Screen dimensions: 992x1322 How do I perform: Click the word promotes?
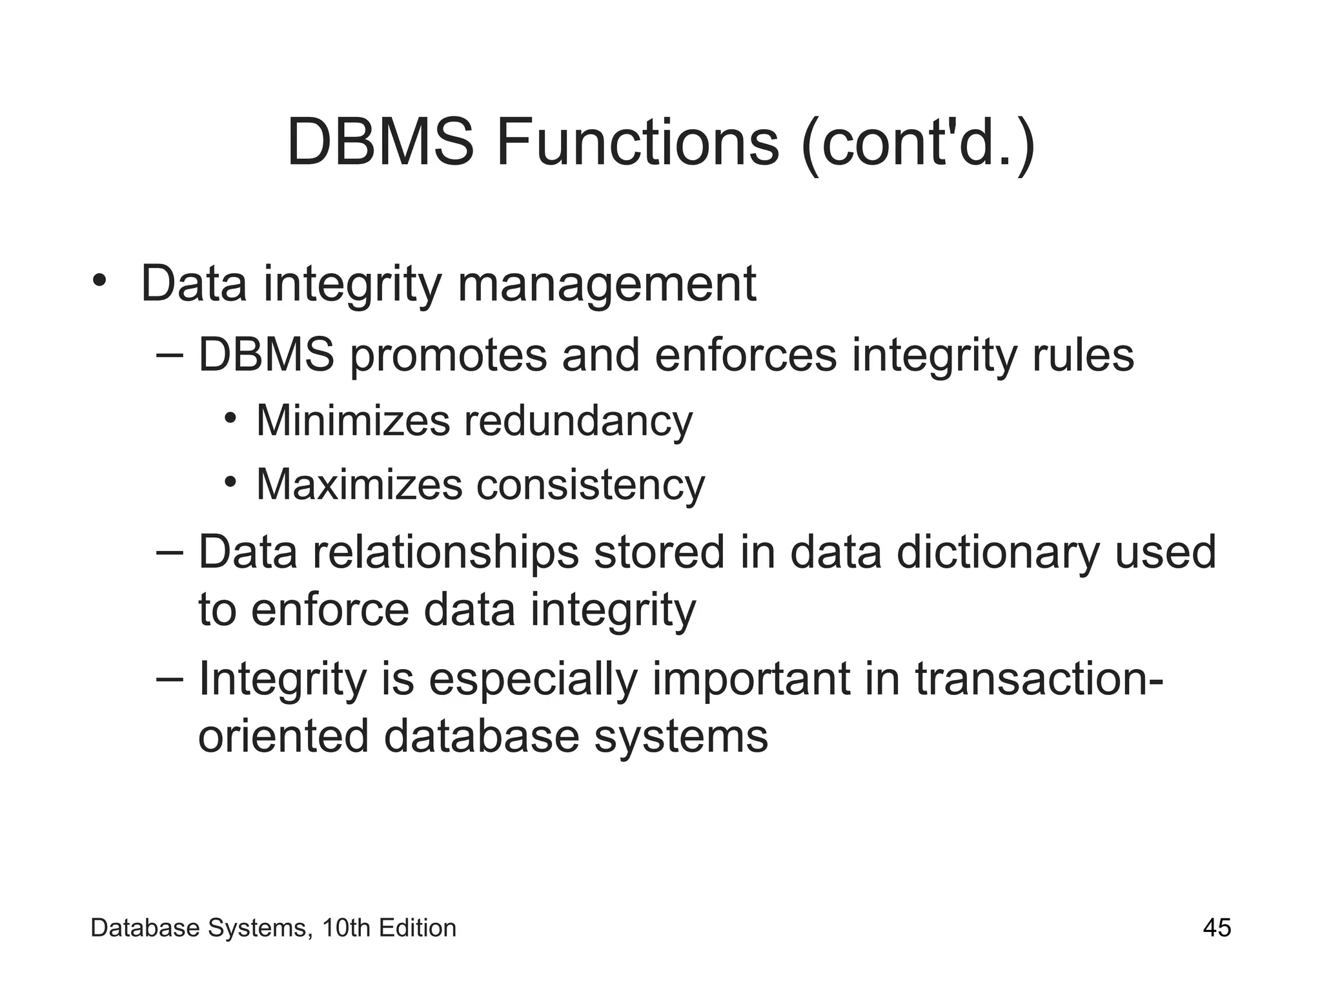click(449, 356)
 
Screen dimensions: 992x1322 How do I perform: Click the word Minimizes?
click(352, 420)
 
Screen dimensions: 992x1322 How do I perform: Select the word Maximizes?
click(359, 484)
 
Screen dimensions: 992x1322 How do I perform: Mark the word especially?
click(533, 680)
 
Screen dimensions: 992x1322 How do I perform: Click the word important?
click(751, 680)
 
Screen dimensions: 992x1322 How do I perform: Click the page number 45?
click(1217, 928)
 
